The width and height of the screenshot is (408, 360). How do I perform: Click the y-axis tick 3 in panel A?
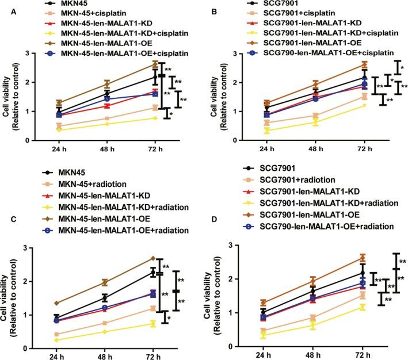[x=44, y=54]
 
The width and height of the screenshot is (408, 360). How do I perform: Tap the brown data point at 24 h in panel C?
[x=56, y=303]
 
